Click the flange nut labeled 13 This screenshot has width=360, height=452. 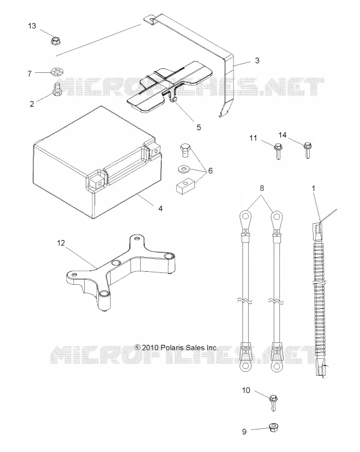55,41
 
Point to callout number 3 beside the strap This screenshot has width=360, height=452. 257,60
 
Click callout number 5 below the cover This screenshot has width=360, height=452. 198,127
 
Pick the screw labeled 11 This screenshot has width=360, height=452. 278,151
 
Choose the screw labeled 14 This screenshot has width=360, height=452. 307,150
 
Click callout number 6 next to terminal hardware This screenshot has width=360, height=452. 210,171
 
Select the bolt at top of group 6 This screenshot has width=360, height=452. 185,150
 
